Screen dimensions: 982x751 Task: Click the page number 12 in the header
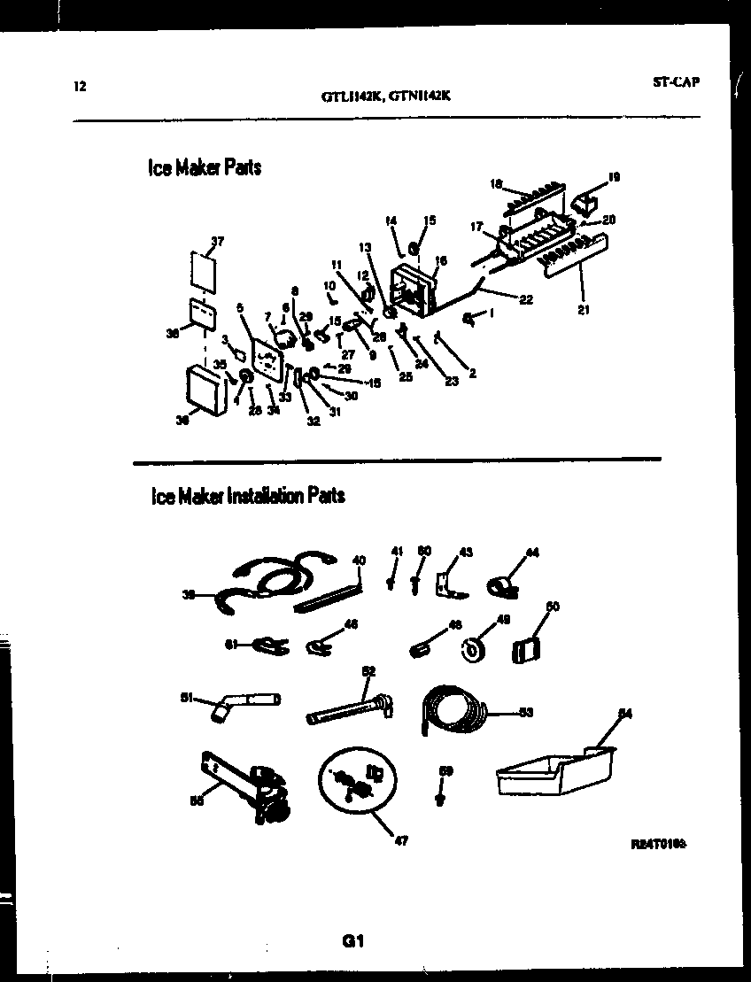click(80, 87)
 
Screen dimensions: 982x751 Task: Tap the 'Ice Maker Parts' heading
click(205, 167)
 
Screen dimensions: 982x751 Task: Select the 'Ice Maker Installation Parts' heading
click(248, 496)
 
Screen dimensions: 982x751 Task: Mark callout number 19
click(614, 177)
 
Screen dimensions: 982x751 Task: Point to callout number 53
click(526, 711)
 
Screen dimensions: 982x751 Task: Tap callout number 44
click(531, 553)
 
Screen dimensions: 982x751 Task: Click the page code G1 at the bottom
click(353, 942)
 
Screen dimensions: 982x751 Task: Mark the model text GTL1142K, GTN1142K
click(386, 98)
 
